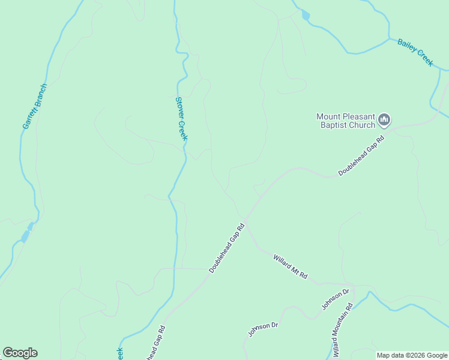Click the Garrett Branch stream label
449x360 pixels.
(x=35, y=106)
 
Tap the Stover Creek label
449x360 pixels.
(x=182, y=119)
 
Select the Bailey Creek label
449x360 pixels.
(x=415, y=52)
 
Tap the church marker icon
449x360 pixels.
(x=385, y=121)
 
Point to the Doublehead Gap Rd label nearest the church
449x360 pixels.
(x=361, y=155)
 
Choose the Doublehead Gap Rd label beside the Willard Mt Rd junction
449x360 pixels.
(x=228, y=248)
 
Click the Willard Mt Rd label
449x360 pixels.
(x=291, y=267)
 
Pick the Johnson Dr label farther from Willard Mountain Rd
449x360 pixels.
(x=264, y=329)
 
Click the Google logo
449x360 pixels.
(x=20, y=353)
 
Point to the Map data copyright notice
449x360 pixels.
(x=412, y=355)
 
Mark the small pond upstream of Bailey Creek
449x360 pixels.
(x=306, y=16)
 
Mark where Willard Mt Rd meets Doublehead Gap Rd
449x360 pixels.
(x=246, y=220)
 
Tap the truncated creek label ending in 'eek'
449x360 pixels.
(x=119, y=353)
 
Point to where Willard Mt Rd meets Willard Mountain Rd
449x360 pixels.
(x=353, y=285)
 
